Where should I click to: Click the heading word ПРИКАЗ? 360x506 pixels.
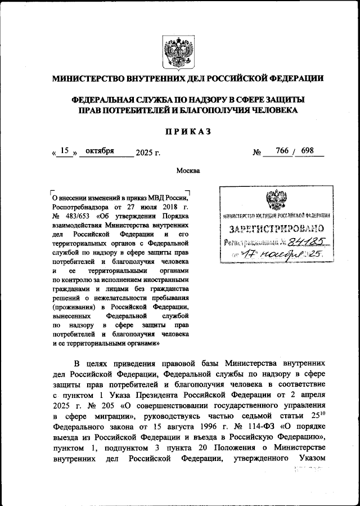pyautogui.click(x=187, y=131)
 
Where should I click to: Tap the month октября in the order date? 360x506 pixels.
pyautogui.click(x=100, y=151)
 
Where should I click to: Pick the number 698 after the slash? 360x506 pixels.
pyautogui.click(x=308, y=151)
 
